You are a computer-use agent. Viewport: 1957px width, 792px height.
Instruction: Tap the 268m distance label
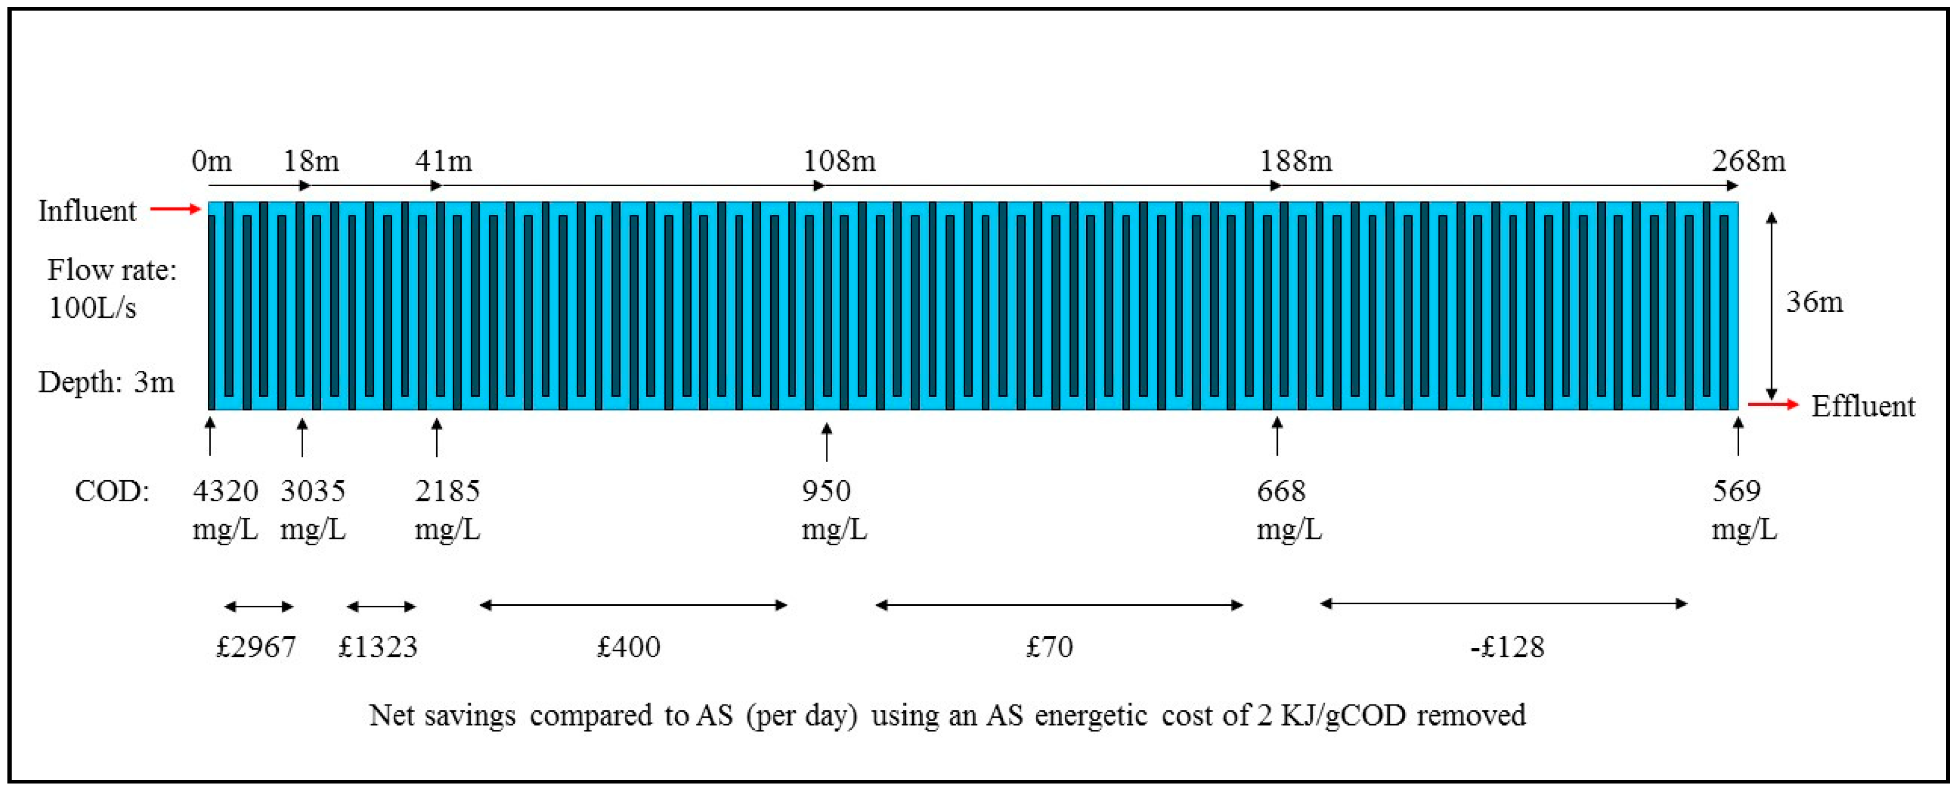(1748, 161)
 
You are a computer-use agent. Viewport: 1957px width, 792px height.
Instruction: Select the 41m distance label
(443, 161)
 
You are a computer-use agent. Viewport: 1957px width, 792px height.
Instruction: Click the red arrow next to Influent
(175, 208)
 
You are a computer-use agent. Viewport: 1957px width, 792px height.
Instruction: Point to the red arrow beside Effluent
(1773, 404)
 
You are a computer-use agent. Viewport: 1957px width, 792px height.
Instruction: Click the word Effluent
(1863, 407)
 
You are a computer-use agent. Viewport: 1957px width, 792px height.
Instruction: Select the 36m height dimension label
(1814, 302)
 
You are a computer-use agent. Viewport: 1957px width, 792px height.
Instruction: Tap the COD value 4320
(225, 491)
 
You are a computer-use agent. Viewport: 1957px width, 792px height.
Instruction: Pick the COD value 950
(826, 491)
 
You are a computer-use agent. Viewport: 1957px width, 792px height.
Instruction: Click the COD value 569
(1736, 491)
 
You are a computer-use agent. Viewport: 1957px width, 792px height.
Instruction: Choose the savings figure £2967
(256, 647)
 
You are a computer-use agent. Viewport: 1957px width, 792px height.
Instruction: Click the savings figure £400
(628, 647)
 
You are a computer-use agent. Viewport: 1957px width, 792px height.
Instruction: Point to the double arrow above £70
(1059, 605)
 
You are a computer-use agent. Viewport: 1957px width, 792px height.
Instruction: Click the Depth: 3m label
(107, 381)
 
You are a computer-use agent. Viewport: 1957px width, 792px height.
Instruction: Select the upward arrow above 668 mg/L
(1277, 436)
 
